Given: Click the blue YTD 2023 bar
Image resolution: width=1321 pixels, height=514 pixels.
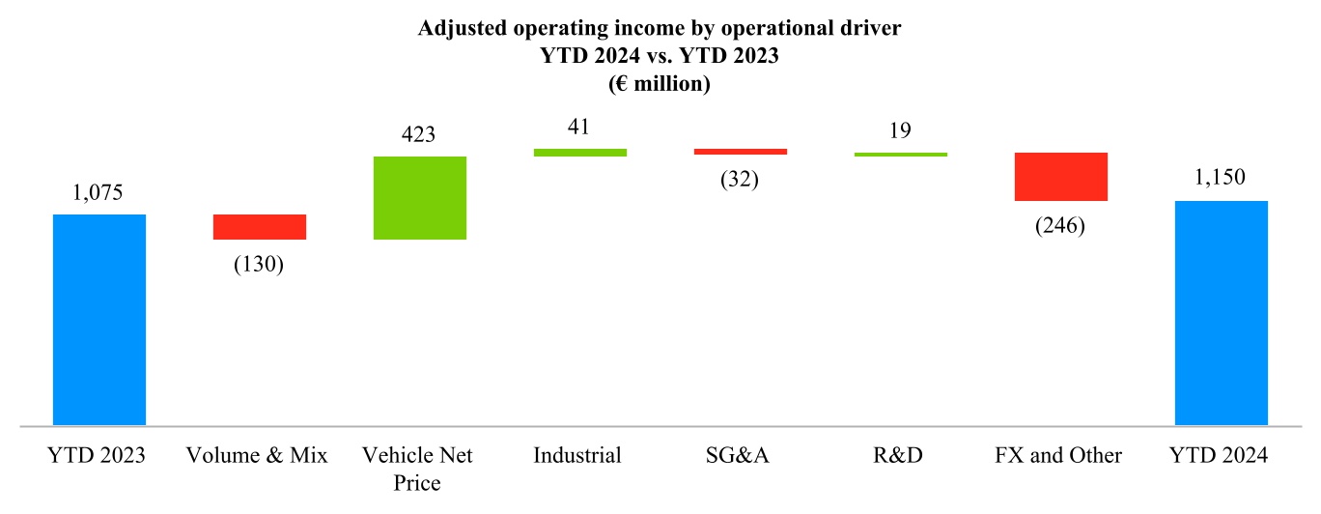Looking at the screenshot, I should click(99, 319).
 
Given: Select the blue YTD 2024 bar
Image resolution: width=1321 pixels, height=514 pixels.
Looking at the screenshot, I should click(1221, 312).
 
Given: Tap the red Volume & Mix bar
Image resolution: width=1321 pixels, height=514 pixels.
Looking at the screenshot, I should click(260, 227).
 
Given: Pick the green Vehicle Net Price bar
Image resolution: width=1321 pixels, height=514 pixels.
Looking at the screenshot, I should click(419, 197).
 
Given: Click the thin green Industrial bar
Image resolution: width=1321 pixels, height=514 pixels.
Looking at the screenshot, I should click(579, 152).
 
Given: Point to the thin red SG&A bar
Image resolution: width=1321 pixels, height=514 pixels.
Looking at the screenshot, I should click(740, 152).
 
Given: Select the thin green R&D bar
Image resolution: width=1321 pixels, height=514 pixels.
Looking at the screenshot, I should click(900, 155).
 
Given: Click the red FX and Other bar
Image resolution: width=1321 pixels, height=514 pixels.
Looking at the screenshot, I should click(1060, 177).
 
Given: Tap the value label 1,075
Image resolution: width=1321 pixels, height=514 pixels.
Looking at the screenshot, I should click(99, 192).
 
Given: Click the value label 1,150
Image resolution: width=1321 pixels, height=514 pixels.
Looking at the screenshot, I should click(1221, 178).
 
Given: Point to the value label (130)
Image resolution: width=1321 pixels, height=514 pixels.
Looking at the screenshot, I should click(259, 265).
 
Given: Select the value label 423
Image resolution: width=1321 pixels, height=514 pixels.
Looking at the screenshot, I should click(419, 134).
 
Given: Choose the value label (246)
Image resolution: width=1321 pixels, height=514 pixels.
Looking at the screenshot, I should click(1060, 226).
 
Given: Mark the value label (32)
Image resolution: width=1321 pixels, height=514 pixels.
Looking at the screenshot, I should click(740, 180).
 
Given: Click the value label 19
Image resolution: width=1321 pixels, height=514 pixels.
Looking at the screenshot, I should click(900, 130).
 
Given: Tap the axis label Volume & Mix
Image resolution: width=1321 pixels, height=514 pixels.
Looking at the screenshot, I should click(259, 455).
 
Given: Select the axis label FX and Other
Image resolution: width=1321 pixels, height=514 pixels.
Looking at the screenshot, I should click(1059, 455).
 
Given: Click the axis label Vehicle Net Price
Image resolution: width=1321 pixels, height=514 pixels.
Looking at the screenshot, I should click(418, 469).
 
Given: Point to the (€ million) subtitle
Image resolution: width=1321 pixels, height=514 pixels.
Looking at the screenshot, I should click(660, 85).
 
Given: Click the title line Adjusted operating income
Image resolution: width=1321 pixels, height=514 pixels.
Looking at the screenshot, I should click(660, 29).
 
